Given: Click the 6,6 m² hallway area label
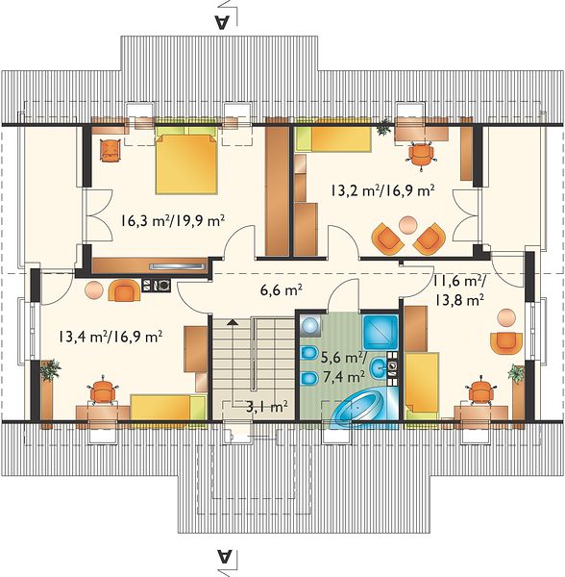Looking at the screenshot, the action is (x=282, y=290).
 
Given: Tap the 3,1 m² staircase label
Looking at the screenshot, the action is (x=266, y=407).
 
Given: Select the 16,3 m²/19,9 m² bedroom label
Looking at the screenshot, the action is (x=172, y=221).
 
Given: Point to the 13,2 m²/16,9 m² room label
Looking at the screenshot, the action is (x=382, y=190).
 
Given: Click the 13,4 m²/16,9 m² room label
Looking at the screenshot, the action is (x=111, y=337).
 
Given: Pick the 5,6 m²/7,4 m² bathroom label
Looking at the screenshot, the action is (x=343, y=366).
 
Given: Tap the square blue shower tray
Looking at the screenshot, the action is (x=381, y=333).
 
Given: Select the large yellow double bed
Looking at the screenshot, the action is (x=186, y=161).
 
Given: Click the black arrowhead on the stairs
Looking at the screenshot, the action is (x=232, y=322).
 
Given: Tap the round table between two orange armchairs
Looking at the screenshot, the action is (x=408, y=224).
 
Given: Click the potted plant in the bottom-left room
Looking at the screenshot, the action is (x=50, y=369).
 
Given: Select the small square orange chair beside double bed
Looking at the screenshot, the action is (x=111, y=150).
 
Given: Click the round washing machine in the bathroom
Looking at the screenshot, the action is (x=310, y=325).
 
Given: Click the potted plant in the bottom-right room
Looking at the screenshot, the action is (x=516, y=373).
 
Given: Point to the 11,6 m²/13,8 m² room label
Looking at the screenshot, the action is (x=459, y=290).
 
